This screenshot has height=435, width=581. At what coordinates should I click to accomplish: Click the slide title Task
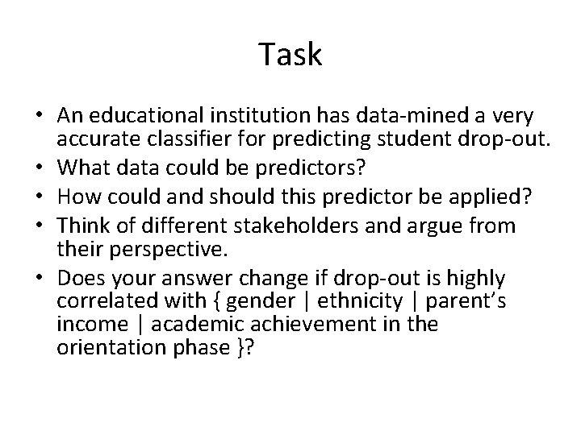(x=290, y=55)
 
